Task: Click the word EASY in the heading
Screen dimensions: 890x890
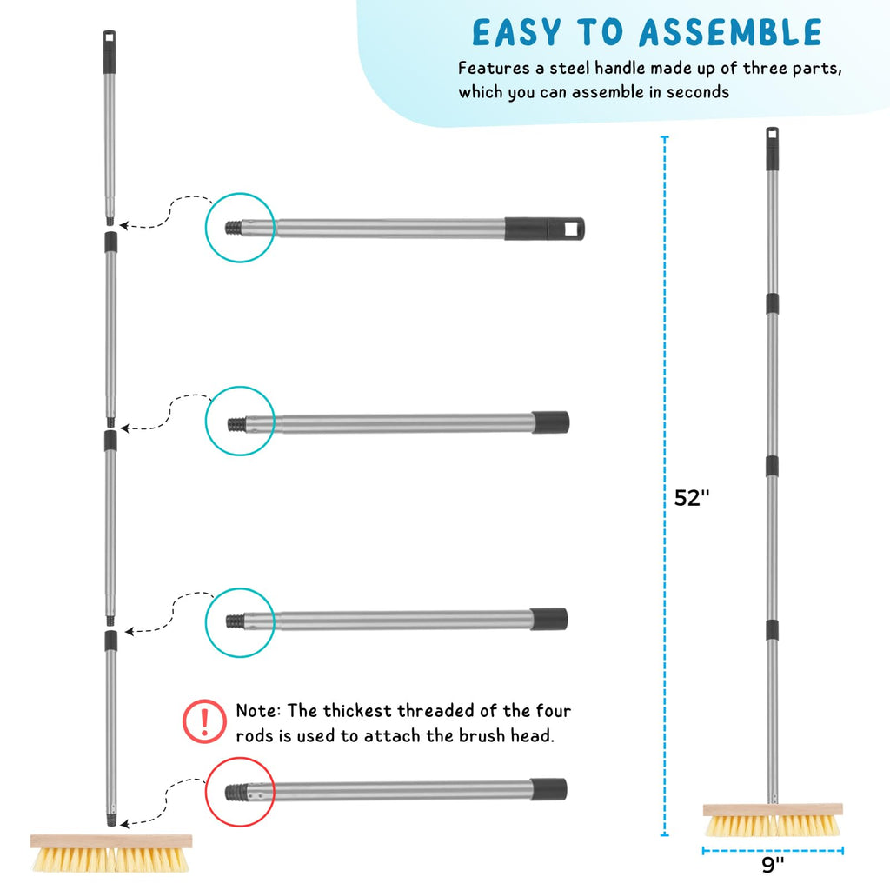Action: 509,32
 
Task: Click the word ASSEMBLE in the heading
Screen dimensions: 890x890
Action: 730,32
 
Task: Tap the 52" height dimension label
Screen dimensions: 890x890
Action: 691,498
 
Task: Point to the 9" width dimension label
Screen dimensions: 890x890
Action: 773,865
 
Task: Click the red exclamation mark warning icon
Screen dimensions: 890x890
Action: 204,721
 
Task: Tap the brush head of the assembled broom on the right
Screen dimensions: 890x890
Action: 773,820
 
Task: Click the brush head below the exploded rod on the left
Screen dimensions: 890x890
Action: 110,853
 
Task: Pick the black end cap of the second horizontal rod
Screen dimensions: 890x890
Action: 550,423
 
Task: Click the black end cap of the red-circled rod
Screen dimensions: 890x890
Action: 548,789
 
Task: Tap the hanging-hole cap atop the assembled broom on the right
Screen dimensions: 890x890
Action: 773,149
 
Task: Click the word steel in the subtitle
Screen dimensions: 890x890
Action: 570,68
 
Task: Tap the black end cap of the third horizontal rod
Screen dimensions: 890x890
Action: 549,619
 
